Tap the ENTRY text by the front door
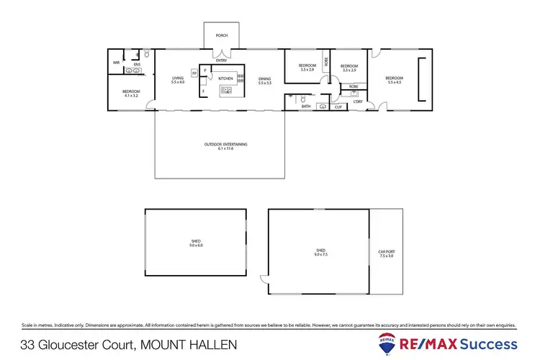[220, 60]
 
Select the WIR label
[116, 63]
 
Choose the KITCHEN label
[225, 77]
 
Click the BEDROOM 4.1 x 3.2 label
[131, 93]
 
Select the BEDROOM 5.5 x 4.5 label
[394, 80]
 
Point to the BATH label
[306, 107]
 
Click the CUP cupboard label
[337, 107]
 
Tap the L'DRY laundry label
[358, 102]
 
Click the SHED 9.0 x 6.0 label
[196, 243]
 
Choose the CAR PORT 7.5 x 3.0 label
[387, 253]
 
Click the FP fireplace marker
[194, 73]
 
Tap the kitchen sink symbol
[226, 90]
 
